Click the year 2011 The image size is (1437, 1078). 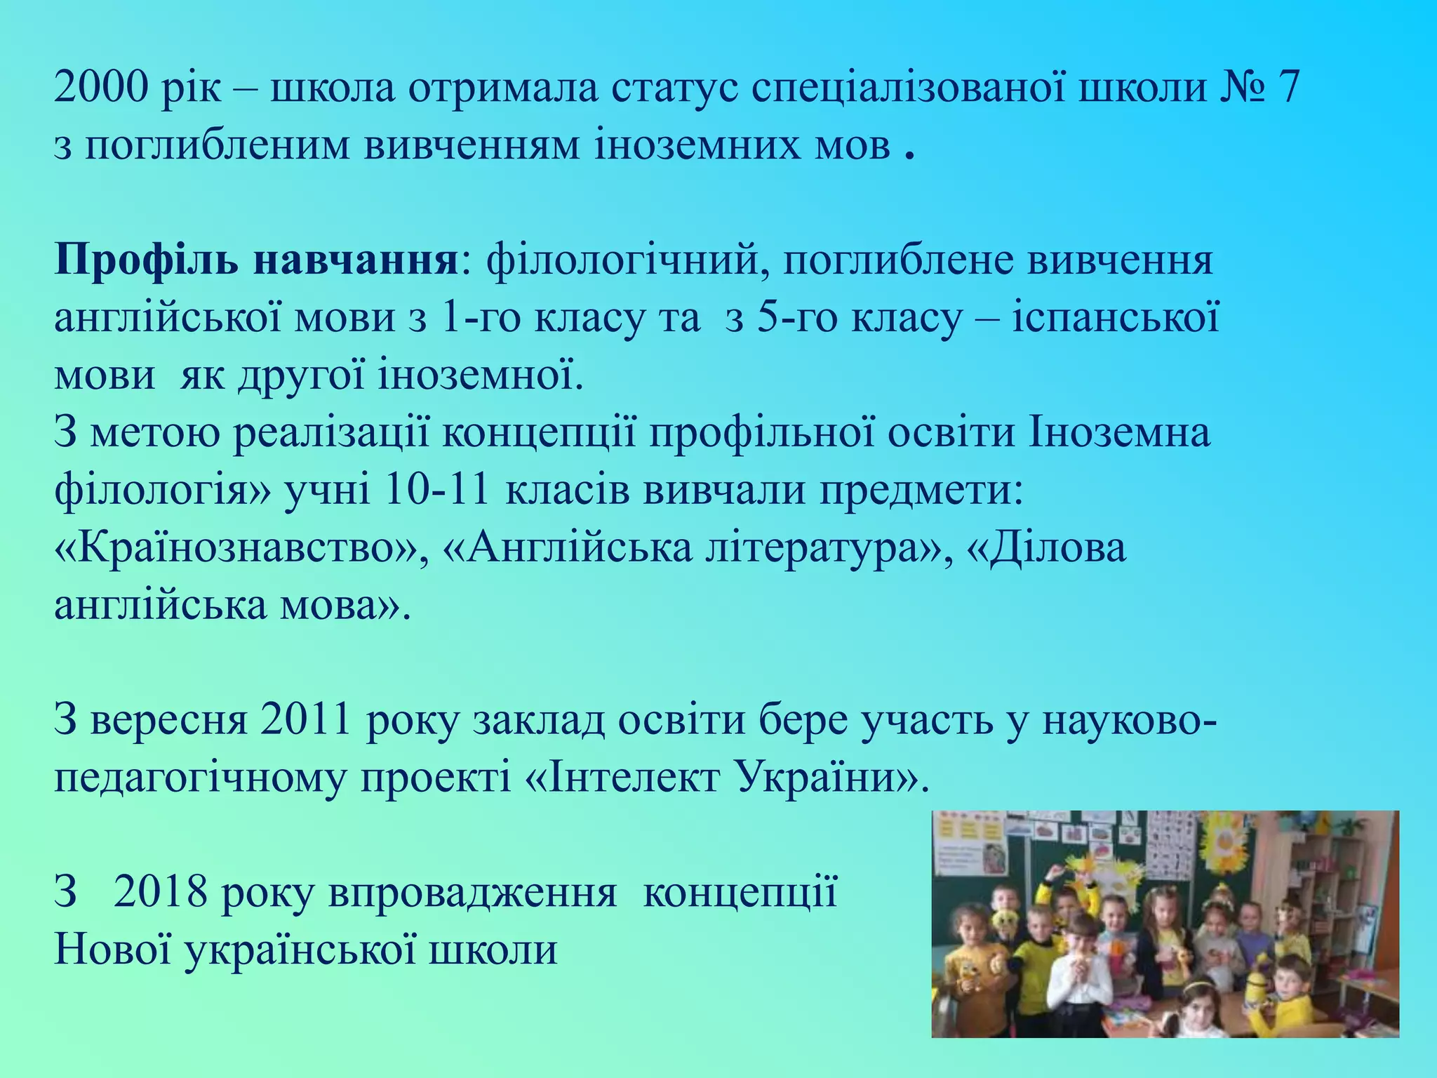(x=305, y=721)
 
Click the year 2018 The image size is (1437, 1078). (x=161, y=893)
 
